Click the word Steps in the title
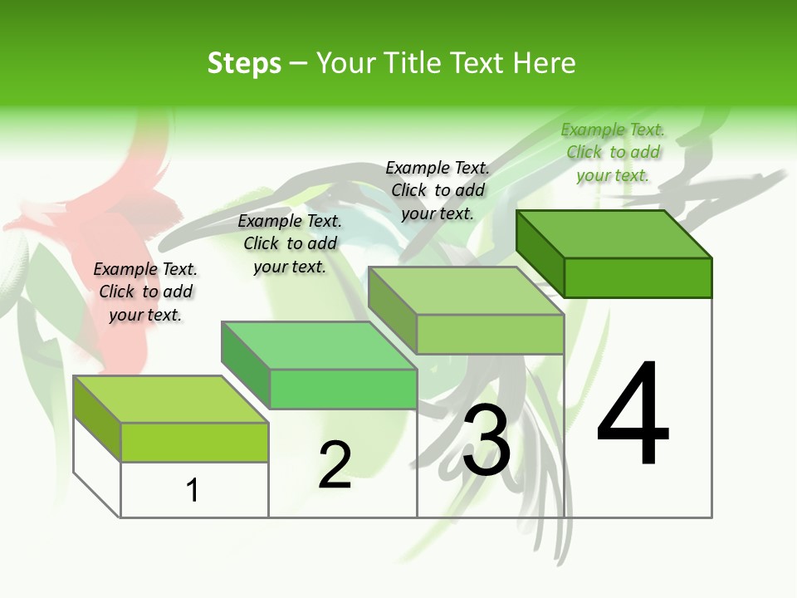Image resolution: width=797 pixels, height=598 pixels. (x=244, y=63)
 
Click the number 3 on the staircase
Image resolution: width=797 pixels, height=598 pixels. (x=487, y=440)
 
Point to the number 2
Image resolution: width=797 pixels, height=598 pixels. (x=335, y=465)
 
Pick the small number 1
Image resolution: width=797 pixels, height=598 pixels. (x=193, y=490)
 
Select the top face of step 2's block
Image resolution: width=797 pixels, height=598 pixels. (x=319, y=345)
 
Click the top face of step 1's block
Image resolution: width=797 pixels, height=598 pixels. (x=171, y=399)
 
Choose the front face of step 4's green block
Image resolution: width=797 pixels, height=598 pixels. (x=638, y=277)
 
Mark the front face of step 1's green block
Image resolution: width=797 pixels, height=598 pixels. (x=194, y=442)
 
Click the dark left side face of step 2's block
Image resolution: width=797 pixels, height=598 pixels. (x=245, y=365)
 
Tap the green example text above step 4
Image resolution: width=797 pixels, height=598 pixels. (x=613, y=152)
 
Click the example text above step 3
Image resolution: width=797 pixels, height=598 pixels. (x=438, y=190)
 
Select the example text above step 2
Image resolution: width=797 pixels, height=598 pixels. (x=290, y=243)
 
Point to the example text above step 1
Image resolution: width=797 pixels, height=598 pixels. (x=145, y=292)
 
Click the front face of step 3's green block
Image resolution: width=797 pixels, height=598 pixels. (x=490, y=334)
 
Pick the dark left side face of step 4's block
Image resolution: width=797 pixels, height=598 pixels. (x=540, y=253)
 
